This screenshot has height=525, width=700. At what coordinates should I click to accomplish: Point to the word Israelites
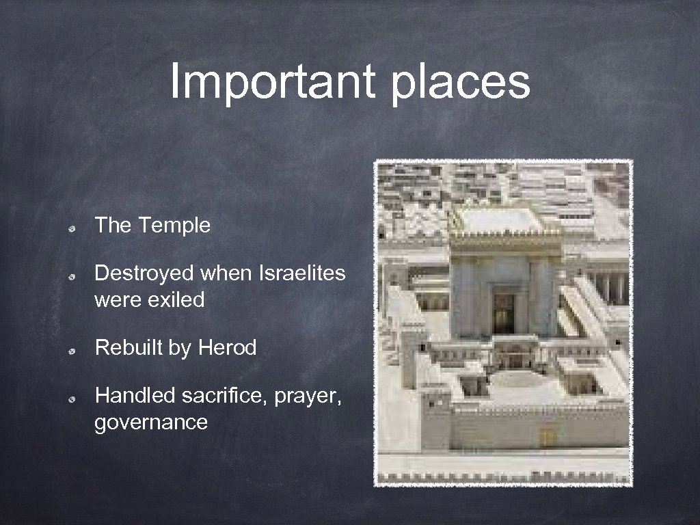click(x=302, y=273)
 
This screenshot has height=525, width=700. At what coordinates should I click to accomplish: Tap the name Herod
click(x=227, y=348)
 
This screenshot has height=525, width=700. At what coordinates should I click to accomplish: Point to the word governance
click(x=151, y=422)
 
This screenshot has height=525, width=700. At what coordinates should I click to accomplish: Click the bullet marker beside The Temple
click(x=70, y=227)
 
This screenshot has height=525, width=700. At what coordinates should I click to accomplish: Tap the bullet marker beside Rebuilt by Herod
click(x=70, y=350)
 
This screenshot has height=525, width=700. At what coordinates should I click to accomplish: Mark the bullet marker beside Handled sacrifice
click(x=70, y=397)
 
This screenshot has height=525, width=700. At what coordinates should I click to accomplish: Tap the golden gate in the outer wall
click(x=546, y=437)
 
